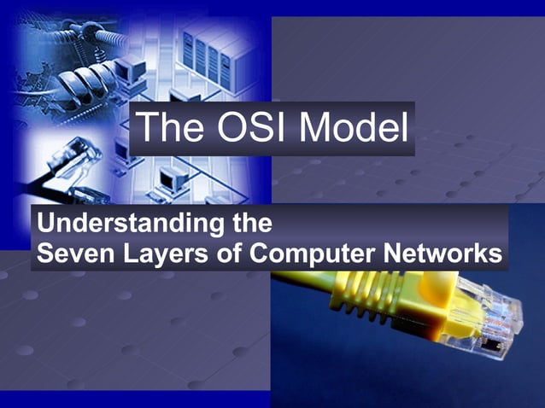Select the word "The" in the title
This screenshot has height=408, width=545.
(x=168, y=128)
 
